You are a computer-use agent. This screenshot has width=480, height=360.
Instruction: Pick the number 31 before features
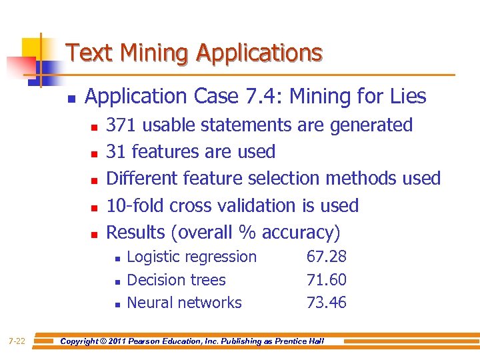pyautogui.click(x=117, y=152)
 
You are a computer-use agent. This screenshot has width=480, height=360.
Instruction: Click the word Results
pyautogui.click(x=136, y=233)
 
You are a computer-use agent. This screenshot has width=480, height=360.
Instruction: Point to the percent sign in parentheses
pyautogui.click(x=247, y=233)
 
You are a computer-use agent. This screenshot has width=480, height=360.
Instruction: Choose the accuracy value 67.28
pyautogui.click(x=326, y=257)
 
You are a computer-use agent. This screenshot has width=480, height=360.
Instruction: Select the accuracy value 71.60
pyautogui.click(x=326, y=280)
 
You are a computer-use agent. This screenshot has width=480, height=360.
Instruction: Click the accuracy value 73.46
pyautogui.click(x=326, y=303)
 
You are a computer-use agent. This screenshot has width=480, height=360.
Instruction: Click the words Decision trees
pyautogui.click(x=176, y=280)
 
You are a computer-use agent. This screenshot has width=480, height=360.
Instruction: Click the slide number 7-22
pyautogui.click(x=17, y=341)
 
